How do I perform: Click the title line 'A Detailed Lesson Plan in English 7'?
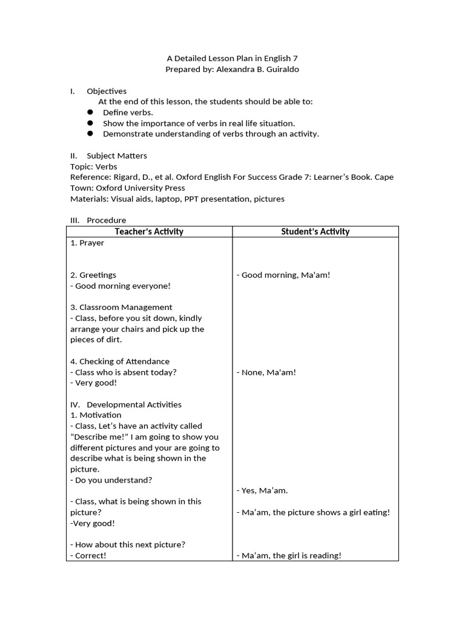coord(232,59)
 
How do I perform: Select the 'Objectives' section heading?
coord(107,91)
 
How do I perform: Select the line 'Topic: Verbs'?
coord(94,167)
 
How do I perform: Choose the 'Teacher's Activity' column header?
coord(149,231)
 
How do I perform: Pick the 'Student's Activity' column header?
coord(315,231)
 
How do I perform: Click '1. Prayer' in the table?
coord(87,243)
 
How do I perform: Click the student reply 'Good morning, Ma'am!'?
coord(285,275)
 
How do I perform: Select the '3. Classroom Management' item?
coord(122,307)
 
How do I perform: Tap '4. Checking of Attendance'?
coord(120,361)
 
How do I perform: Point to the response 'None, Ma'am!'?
coord(268,372)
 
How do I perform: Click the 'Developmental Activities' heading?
coord(134,404)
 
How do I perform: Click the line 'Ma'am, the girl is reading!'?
coord(290,556)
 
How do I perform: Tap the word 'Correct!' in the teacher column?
coord(90,556)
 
